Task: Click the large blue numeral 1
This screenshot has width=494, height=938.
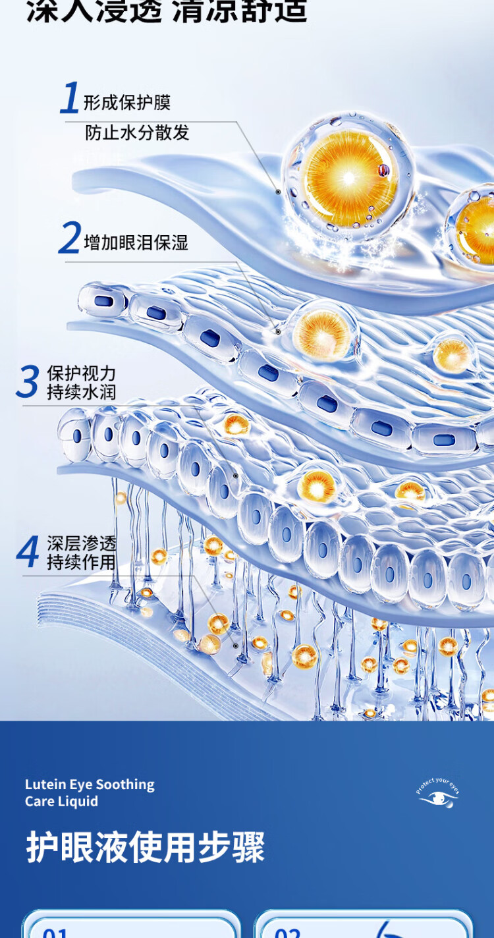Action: tap(70, 99)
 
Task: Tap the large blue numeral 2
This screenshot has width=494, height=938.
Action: tap(70, 238)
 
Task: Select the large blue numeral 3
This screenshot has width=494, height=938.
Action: tap(28, 382)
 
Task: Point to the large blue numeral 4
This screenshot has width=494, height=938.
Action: tap(28, 552)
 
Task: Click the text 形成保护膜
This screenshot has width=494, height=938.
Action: tap(127, 102)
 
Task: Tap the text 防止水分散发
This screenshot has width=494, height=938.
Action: tap(137, 132)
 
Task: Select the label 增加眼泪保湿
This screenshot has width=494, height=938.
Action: tap(136, 242)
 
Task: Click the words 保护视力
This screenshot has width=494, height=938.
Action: tap(81, 373)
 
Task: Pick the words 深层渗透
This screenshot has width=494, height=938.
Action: tap(81, 543)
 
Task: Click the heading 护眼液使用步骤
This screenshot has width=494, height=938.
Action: tap(146, 847)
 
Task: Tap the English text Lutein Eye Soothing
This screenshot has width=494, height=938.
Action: tap(90, 785)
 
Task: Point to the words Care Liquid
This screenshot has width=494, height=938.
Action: tap(61, 801)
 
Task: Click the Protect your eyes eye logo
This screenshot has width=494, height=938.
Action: tap(438, 796)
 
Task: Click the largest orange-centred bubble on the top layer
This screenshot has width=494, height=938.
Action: tap(349, 177)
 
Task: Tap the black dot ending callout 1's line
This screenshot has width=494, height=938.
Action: tap(278, 192)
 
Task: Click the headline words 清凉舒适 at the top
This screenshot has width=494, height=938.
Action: tap(240, 11)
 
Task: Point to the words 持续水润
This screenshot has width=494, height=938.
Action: tap(81, 392)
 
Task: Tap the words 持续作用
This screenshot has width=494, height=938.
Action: tap(81, 563)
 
